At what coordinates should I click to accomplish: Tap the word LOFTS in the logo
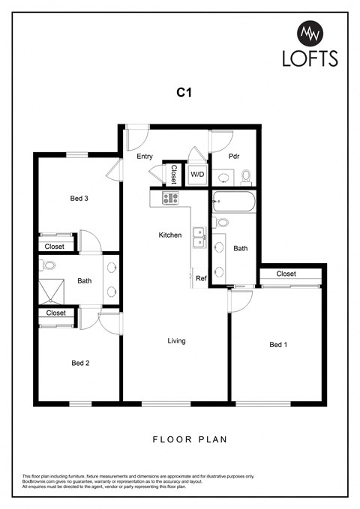coord(310,58)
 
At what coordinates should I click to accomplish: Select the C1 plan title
coord(182,93)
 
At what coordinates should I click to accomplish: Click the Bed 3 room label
coord(79,199)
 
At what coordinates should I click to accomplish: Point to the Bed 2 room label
coord(80,363)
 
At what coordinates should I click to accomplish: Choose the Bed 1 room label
coord(278,345)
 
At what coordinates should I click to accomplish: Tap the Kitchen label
coord(170,235)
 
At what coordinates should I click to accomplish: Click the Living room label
coord(176,341)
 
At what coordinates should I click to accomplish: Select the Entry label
coord(145,157)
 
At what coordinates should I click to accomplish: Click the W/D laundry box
coord(197,175)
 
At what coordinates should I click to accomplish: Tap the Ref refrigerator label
coord(201,279)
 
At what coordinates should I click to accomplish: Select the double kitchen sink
coord(199,238)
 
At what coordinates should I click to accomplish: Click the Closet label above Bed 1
coord(286,274)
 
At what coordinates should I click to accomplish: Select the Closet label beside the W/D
coord(173,175)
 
